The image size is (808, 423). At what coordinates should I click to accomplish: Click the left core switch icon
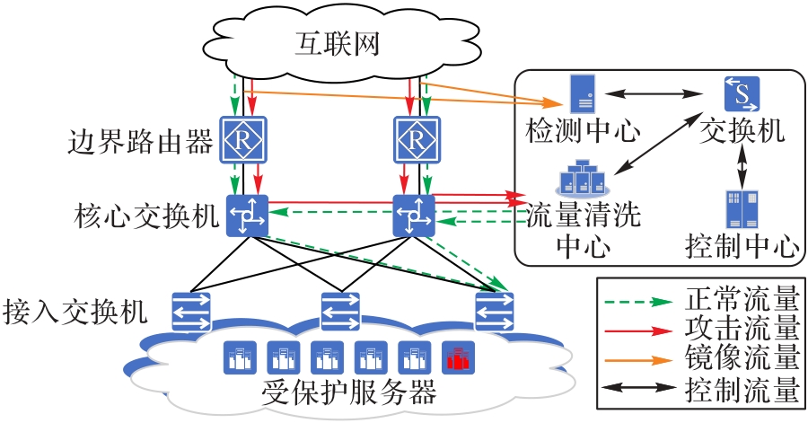coord(246,216)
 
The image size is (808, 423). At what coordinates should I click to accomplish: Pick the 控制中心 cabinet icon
coord(742,207)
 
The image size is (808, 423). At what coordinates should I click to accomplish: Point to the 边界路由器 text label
coord(140,140)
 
